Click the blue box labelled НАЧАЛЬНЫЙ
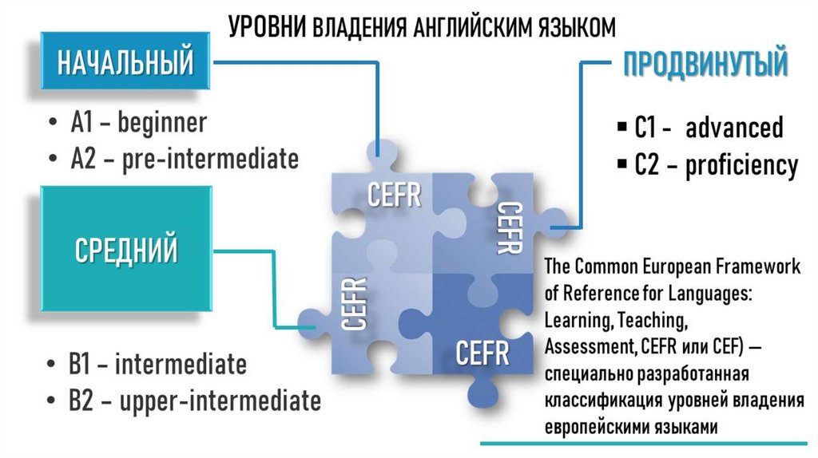pyautogui.click(x=125, y=62)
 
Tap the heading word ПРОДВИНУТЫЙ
pyautogui.click(x=705, y=65)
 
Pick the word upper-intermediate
pyautogui.click(x=220, y=400)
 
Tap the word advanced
pyautogui.click(x=734, y=128)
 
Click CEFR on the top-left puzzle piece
pyautogui.click(x=394, y=195)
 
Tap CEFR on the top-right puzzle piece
pyautogui.click(x=509, y=227)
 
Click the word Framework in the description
pyautogui.click(x=758, y=267)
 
